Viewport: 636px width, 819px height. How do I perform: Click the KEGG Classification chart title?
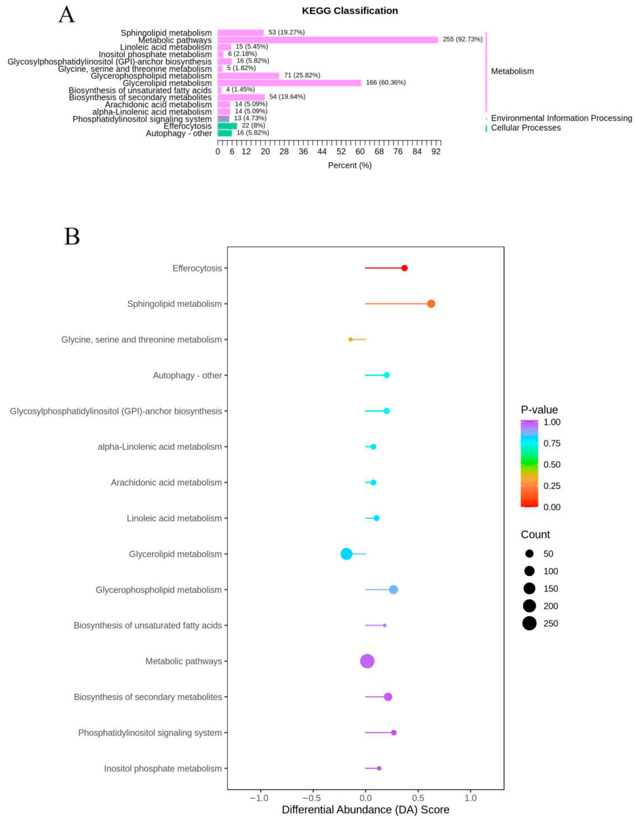pos(349,11)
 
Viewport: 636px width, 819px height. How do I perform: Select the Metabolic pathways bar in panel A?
pos(327,40)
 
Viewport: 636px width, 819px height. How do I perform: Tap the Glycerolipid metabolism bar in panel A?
pos(289,83)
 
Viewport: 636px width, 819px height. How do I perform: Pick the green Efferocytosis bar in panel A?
pos(227,126)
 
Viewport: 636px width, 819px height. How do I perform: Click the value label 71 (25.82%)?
pos(302,75)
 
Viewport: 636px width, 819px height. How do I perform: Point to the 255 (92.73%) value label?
pos(462,39)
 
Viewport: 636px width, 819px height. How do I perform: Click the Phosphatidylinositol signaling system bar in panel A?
pos(223,119)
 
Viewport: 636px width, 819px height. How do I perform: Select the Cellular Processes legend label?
pos(525,128)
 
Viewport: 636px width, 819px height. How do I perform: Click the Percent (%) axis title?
pos(349,165)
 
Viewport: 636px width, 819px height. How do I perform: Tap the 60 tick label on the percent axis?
pos(360,152)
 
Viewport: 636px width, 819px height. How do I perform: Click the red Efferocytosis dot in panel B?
pos(404,268)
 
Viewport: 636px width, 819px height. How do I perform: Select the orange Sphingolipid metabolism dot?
pos(431,304)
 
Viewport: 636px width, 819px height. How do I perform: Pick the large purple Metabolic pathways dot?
pos(367,661)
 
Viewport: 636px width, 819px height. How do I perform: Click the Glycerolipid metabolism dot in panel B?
pos(346,554)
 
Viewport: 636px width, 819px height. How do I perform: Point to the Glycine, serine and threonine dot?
pos(350,339)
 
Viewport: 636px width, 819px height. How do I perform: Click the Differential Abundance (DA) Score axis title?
pos(365,810)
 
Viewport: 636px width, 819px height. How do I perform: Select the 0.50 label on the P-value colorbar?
pos(552,465)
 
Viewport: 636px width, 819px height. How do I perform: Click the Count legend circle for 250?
pos(529,623)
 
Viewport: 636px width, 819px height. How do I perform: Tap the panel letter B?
pos(72,236)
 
